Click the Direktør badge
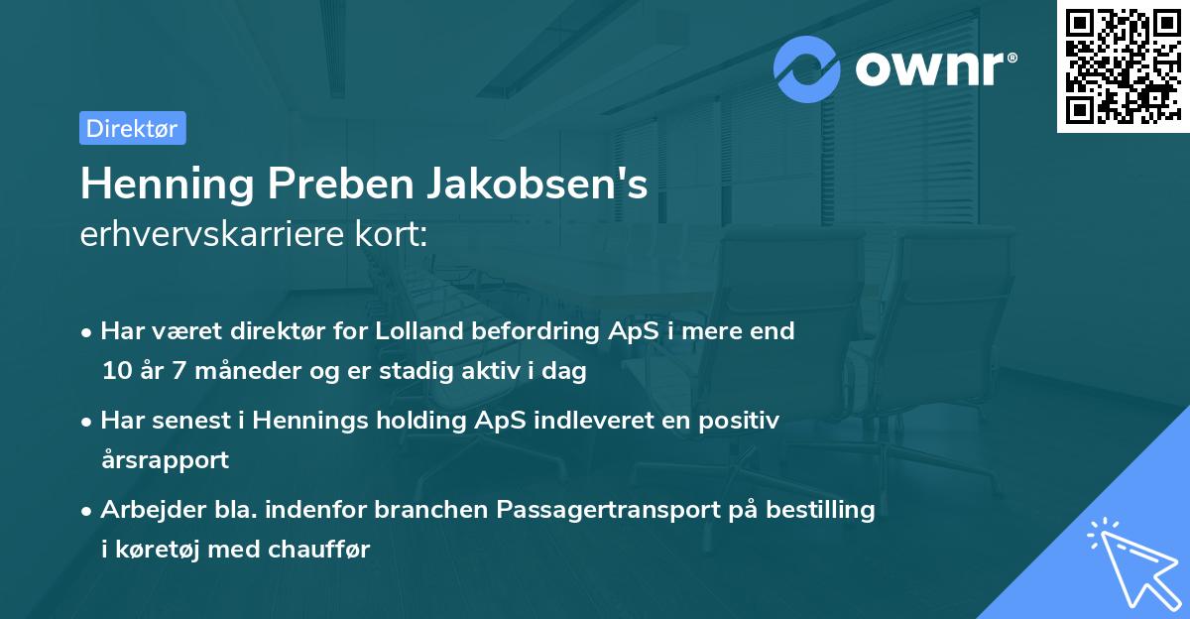point(132,128)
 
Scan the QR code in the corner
point(1123,66)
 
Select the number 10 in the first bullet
point(114,372)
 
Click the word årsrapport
point(165,460)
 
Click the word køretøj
point(159,550)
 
